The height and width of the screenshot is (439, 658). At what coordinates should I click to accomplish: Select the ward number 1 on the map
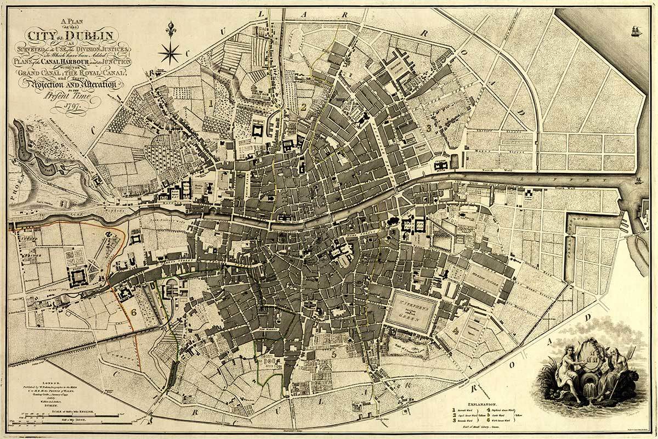tap(210, 103)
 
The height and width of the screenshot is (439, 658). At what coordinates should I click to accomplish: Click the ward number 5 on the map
tap(333, 354)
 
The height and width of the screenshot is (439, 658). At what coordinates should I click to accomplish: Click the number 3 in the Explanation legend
tap(454, 422)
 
